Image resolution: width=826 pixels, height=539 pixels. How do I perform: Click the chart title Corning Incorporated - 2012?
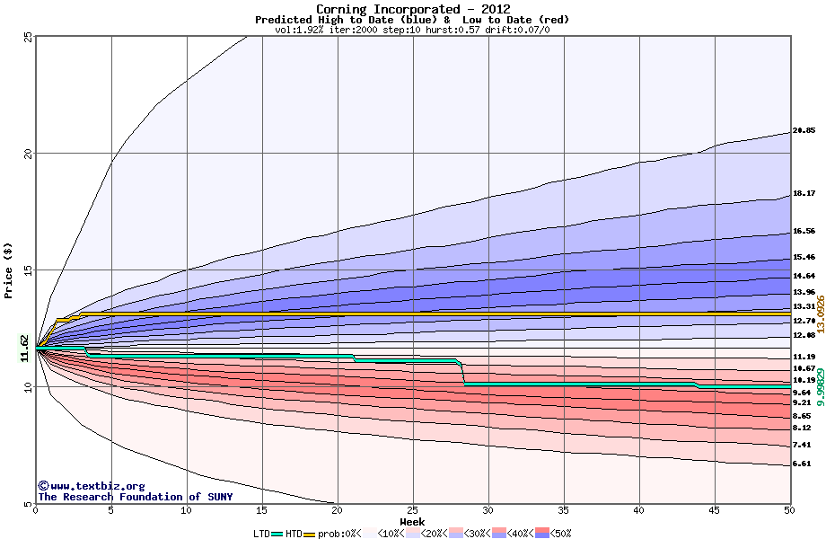point(413,9)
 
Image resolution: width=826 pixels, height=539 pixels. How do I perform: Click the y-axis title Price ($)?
point(8,270)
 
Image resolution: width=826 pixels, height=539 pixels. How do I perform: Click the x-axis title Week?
point(413,522)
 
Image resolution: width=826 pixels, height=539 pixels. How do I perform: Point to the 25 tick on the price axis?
point(28,37)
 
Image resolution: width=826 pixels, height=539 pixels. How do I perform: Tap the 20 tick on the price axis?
point(28,154)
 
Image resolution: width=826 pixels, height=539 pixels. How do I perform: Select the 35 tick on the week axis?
point(564,511)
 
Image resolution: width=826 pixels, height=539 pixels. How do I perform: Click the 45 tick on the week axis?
point(715,511)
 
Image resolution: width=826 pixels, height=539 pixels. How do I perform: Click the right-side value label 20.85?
point(804,131)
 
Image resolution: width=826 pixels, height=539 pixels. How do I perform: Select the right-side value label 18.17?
point(804,193)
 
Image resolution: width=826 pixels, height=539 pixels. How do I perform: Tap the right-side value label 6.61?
point(802,464)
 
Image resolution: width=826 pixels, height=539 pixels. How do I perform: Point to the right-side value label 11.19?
point(804,358)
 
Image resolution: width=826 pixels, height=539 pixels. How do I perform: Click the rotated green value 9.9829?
point(820,388)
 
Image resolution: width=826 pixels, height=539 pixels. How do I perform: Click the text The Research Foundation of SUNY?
point(135,497)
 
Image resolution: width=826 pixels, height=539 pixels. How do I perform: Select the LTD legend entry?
point(262,534)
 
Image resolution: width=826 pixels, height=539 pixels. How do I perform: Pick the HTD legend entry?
point(294,534)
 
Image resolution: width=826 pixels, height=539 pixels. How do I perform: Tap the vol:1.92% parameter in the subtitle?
point(301,30)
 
